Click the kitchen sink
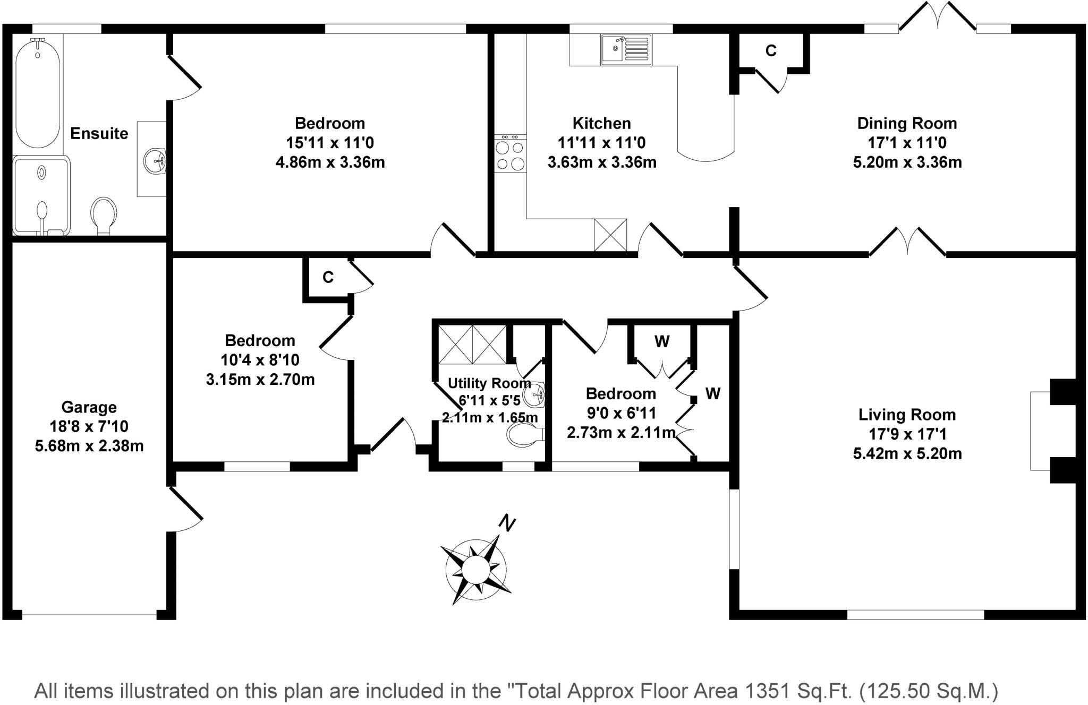[626, 50]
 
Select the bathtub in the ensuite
[37, 93]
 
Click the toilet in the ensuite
[103, 215]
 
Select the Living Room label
[907, 415]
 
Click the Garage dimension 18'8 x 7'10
[89, 426]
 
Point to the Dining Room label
[907, 123]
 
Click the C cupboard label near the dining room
[771, 50]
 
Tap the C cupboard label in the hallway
[328, 277]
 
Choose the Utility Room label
[489, 383]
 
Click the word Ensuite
[99, 133]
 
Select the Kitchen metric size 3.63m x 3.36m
[601, 162]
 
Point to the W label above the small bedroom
[662, 341]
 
